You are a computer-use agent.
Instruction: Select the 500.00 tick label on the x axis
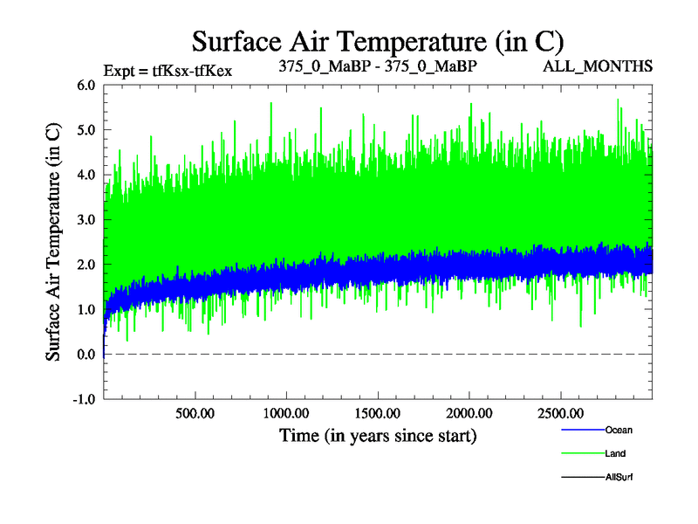(x=195, y=412)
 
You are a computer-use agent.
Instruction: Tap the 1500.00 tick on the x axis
(x=377, y=412)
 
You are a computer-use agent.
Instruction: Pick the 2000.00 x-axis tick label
(x=469, y=412)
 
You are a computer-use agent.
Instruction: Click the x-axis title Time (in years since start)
(x=378, y=434)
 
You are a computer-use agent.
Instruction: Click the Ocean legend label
(x=619, y=430)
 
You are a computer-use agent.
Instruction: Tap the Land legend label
(x=615, y=453)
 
